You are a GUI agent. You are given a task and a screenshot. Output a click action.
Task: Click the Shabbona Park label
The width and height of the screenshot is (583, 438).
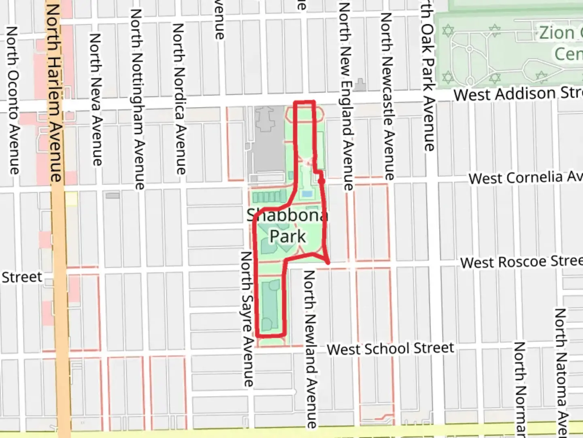[287, 225]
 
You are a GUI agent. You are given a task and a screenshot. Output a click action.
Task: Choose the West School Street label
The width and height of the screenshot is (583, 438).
[390, 349]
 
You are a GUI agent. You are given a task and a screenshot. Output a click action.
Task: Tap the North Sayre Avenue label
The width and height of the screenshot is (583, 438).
[247, 319]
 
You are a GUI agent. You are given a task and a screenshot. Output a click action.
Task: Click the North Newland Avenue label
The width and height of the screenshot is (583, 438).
[310, 349]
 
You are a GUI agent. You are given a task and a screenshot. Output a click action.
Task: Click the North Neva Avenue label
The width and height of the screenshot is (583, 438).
[96, 99]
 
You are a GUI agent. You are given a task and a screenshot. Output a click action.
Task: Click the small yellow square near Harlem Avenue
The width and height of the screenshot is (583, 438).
[71, 198]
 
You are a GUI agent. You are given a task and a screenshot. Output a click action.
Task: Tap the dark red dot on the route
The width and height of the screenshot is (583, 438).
[321, 181]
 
